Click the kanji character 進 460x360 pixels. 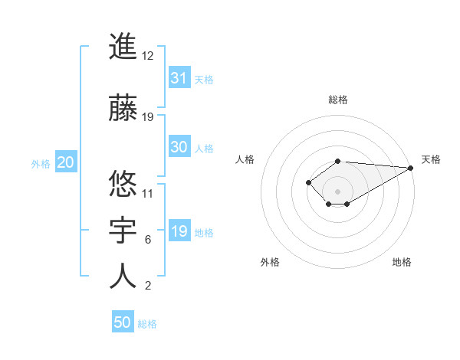123,47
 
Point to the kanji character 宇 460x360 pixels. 123,231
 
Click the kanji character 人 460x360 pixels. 123,277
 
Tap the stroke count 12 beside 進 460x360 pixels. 149,56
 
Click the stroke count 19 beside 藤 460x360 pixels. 149,116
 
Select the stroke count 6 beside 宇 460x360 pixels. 148,240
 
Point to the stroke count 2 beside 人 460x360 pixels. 148,286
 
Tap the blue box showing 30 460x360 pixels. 179,147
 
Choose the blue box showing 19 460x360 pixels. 179,231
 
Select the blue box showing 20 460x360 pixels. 66,162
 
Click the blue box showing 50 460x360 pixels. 123,322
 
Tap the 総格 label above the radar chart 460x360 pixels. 338,100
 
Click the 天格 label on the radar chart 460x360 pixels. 431,159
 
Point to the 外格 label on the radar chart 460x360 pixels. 270,262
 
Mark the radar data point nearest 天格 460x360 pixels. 412,168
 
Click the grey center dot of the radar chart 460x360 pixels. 338,191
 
